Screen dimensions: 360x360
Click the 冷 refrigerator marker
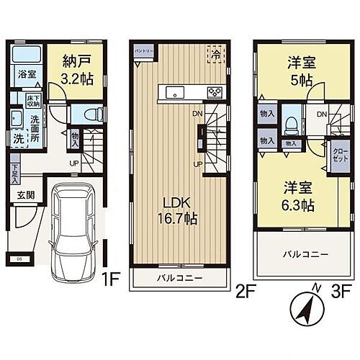(x=214, y=54)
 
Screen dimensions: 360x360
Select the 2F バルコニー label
(x=180, y=278)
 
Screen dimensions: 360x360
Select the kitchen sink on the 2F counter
(x=174, y=91)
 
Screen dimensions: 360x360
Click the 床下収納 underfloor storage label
(x=33, y=100)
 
